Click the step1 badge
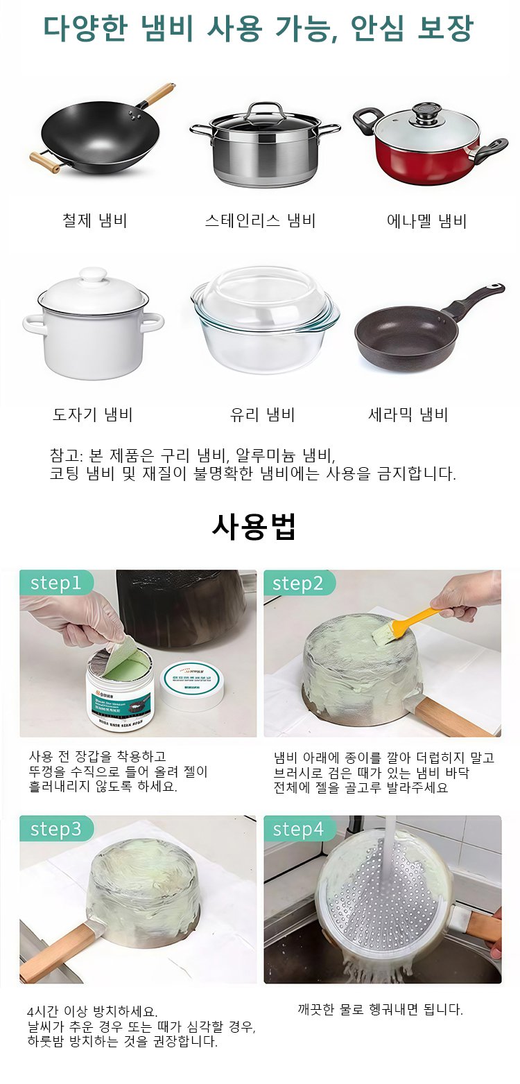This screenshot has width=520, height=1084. click(55, 583)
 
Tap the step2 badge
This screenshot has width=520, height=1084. click(298, 583)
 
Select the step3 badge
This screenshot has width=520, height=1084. click(55, 828)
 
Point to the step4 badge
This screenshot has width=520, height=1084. click(298, 828)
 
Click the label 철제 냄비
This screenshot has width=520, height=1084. click(95, 221)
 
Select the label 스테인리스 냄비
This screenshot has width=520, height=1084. click(260, 221)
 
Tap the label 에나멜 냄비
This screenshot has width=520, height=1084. click(426, 221)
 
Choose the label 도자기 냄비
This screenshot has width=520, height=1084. click(92, 414)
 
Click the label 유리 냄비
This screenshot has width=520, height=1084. click(262, 414)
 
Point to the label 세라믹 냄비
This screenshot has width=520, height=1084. click(408, 414)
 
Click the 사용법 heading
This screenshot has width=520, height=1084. click(254, 527)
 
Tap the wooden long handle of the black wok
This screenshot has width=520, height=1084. click(157, 95)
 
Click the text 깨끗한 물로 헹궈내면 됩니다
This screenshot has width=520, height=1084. click(380, 1009)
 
